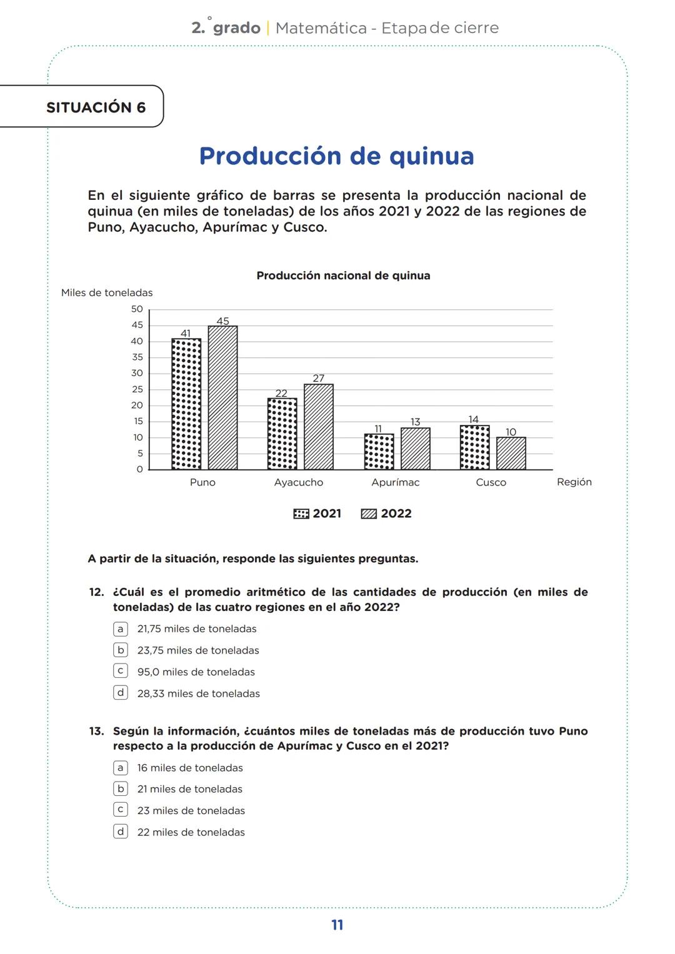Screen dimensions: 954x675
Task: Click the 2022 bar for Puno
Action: click(222, 397)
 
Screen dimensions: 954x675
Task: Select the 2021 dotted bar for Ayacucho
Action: click(282, 434)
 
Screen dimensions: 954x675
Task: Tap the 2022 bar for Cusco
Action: click(511, 453)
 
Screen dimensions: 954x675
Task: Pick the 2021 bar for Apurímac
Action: click(379, 451)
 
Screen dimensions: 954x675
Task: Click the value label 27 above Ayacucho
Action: click(319, 378)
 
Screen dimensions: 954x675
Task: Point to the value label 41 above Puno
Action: click(186, 333)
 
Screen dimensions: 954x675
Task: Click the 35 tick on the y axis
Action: click(137, 357)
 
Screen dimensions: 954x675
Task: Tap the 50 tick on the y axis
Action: click(137, 309)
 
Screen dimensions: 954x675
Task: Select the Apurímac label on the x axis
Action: click(395, 482)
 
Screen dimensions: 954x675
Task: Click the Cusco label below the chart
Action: click(491, 482)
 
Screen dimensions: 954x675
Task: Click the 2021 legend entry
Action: click(317, 514)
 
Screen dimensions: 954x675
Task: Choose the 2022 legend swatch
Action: click(369, 514)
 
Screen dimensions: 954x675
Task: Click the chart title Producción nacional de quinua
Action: click(343, 276)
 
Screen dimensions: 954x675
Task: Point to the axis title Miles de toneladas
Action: click(107, 292)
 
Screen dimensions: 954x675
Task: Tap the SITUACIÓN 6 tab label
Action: click(96, 107)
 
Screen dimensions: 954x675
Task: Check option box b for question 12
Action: click(121, 650)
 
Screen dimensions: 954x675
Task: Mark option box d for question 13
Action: click(121, 832)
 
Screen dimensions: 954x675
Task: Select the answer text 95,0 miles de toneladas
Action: click(196, 672)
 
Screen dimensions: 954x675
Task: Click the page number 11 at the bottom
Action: click(337, 925)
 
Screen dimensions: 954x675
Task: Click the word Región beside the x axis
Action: click(574, 482)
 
